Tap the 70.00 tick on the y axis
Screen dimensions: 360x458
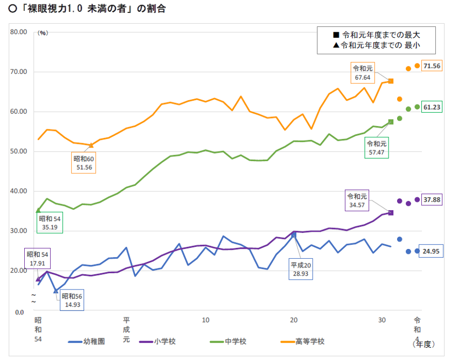coord(19,72)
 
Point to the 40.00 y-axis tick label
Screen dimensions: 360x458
coord(19,191)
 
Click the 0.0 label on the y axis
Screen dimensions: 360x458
coord(20,312)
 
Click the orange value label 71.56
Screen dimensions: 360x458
coord(432,66)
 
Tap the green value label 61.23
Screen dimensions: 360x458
coord(432,107)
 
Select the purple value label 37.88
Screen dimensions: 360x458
coord(432,199)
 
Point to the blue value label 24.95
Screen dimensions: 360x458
coord(432,251)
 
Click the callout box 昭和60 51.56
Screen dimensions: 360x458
coord(85,162)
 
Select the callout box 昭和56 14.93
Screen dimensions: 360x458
coord(72,301)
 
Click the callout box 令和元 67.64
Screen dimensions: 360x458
coord(363,73)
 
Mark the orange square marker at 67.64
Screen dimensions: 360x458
coord(391,81)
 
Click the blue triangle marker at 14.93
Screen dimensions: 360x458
coord(55,291)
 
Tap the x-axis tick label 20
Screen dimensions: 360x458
coord(294,320)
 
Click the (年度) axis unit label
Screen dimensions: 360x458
coord(423,343)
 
